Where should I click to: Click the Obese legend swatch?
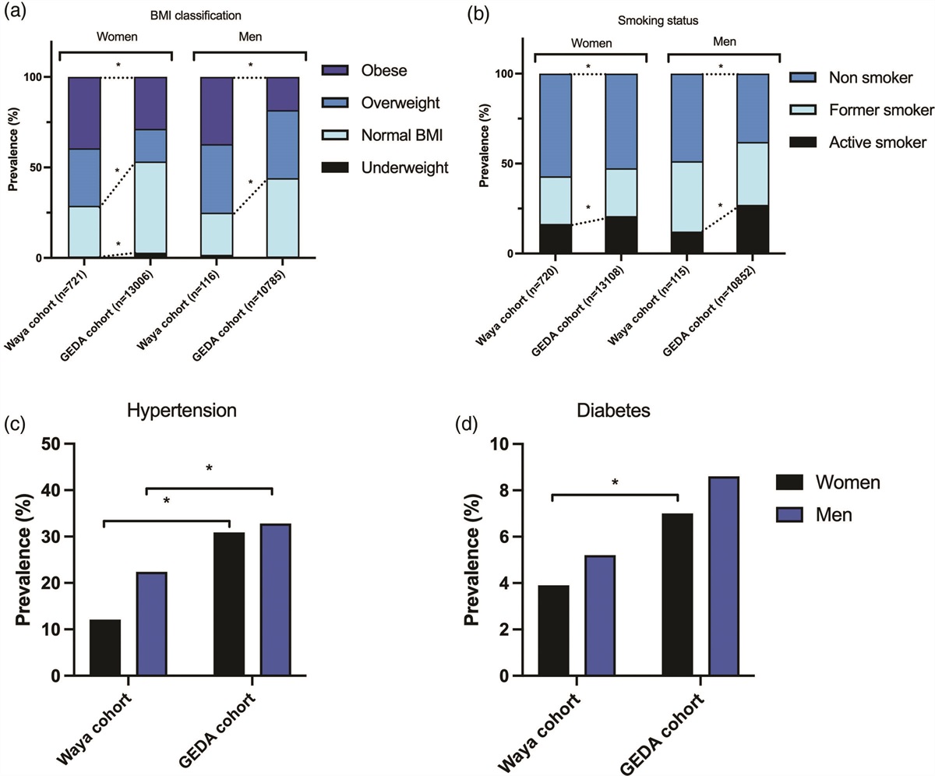(337, 70)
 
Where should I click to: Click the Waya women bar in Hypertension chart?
(104, 647)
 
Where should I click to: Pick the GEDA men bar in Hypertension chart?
(275, 600)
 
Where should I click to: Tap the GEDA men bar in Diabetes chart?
(724, 577)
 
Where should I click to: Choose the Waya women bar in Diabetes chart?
(553, 630)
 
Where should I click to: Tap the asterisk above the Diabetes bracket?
(615, 483)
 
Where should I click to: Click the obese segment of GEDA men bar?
(284, 93)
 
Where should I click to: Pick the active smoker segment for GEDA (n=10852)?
(753, 229)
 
